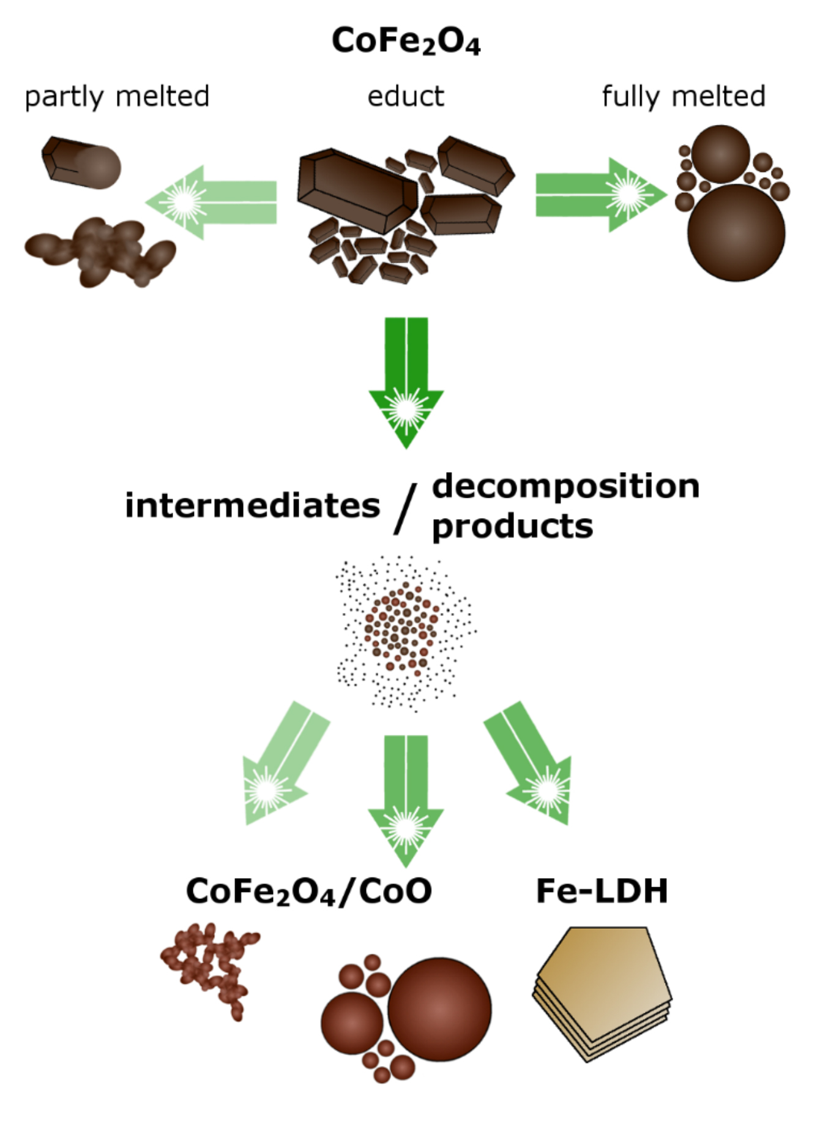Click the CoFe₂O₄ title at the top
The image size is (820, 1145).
406,41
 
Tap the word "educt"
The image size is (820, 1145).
406,97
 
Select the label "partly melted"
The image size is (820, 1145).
117,97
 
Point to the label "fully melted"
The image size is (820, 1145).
684,97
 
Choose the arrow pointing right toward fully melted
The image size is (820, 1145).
600,195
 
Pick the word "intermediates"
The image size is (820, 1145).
252,506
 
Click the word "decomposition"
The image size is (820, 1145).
565,486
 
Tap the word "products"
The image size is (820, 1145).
512,526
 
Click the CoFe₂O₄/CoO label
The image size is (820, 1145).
309,891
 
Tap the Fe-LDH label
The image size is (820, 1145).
602,891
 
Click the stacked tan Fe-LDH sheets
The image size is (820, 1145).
603,992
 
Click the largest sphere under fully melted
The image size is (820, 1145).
736,233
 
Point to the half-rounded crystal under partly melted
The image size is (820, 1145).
81,162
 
